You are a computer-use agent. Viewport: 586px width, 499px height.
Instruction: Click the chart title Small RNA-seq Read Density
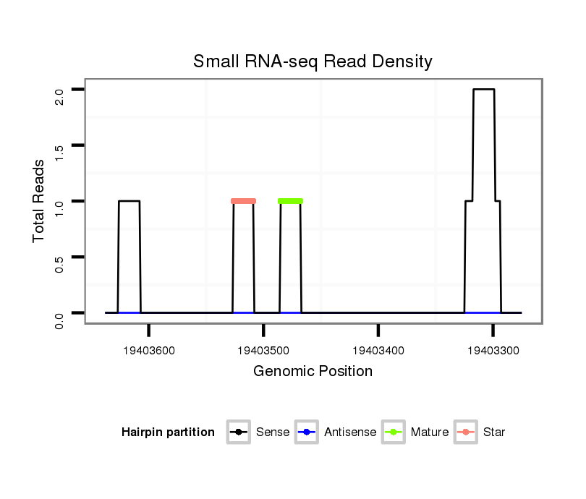pos(313,61)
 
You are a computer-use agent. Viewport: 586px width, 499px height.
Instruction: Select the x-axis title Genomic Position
pos(313,372)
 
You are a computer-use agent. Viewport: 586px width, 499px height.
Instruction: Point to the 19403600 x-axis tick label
pos(149,351)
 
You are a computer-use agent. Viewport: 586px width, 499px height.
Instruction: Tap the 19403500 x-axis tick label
pos(263,351)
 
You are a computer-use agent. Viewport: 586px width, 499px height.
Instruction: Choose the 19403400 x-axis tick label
pos(378,351)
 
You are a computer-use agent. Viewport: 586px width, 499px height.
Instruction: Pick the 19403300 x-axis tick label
pos(493,351)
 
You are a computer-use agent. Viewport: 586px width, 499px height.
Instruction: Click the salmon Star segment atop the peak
pos(244,201)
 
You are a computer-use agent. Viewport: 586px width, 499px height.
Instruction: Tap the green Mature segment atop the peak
pos(290,200)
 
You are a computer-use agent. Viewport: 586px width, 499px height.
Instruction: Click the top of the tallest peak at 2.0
pos(483,90)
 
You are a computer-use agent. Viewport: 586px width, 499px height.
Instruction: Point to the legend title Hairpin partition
pos(168,432)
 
